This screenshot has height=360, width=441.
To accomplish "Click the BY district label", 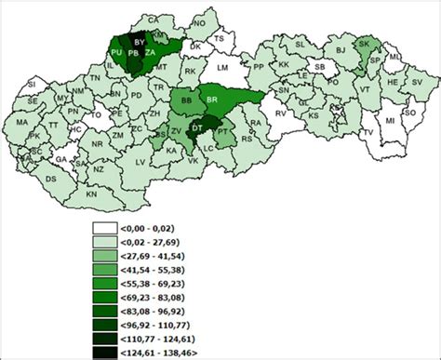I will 140,42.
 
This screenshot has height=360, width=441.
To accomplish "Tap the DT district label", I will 197,127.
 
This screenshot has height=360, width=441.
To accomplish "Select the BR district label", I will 212,99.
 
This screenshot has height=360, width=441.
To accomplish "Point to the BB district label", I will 186,99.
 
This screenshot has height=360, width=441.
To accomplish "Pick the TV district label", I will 367,133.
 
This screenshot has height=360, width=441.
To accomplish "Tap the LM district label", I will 221,68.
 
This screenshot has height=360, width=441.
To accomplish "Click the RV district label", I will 278,112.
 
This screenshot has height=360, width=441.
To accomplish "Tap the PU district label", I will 116,55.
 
